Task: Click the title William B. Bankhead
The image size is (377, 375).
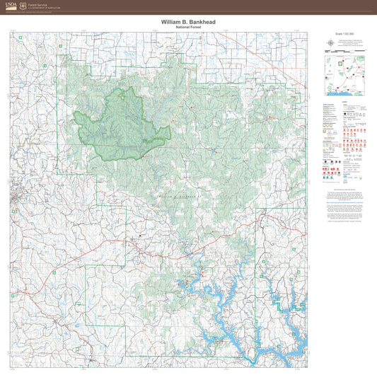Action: point(187,22)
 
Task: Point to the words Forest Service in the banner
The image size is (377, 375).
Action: point(37,4)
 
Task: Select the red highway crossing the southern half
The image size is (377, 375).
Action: point(127,249)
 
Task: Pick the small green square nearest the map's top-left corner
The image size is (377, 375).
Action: point(61,47)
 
